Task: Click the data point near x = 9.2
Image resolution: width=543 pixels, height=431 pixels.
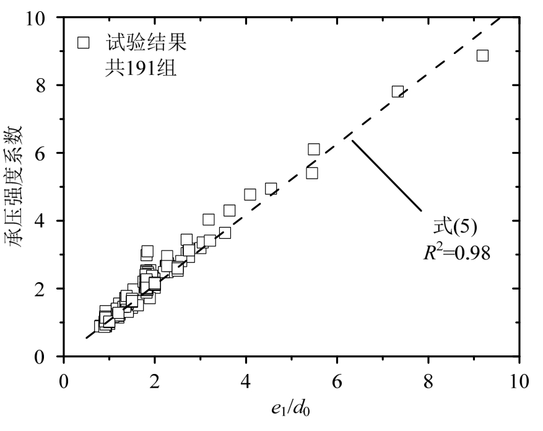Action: [482, 56]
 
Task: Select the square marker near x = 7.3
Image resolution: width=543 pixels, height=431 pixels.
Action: [397, 92]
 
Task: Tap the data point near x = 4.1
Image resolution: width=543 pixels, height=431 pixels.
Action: [250, 195]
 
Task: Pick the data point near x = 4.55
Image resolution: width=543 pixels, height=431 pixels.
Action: [271, 189]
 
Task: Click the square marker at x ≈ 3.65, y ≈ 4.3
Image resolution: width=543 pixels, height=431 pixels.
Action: [230, 210]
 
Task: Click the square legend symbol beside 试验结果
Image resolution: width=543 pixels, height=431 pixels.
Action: [84, 43]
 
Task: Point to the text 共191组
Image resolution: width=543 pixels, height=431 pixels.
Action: [140, 67]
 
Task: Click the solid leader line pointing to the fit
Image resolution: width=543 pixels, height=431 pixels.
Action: [387, 176]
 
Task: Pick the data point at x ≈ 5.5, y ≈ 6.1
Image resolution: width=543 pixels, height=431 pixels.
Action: [313, 149]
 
